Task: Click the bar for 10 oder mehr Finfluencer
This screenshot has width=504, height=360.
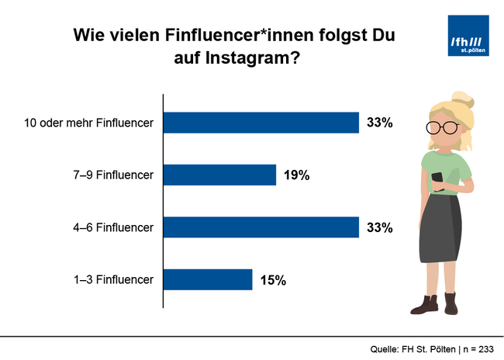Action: (261, 123)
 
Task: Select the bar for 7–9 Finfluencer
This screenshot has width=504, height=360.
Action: (220, 175)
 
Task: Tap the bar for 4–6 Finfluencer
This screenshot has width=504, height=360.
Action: (261, 227)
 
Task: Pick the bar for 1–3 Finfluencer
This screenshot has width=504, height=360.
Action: (208, 279)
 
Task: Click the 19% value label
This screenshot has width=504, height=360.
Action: (296, 175)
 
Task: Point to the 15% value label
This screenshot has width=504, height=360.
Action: (273, 280)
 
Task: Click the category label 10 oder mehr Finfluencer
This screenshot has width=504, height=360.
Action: (89, 123)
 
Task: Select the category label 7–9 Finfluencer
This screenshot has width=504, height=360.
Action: (111, 175)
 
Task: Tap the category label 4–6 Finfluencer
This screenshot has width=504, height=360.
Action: (111, 227)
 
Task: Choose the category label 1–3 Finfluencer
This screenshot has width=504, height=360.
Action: (111, 279)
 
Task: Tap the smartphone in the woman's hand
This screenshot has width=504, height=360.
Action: (437, 179)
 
